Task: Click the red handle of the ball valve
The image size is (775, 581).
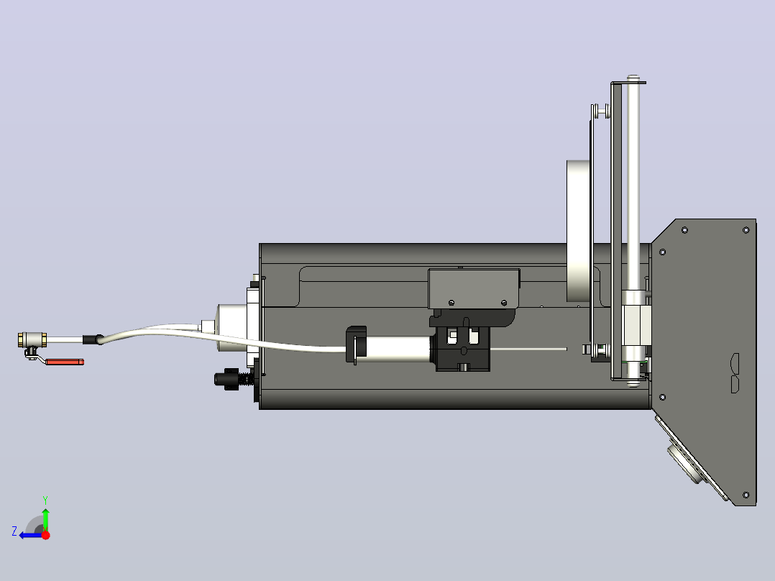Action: click(x=65, y=362)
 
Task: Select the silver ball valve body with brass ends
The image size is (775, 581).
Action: click(x=32, y=339)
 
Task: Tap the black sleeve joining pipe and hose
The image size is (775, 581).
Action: click(x=93, y=339)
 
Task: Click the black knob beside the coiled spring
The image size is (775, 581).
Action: click(x=226, y=379)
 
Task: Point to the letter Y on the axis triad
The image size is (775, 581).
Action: click(x=45, y=500)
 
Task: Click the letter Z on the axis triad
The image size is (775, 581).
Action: click(x=14, y=531)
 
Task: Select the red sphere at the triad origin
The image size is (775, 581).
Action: click(x=46, y=535)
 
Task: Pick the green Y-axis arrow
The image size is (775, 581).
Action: click(x=45, y=519)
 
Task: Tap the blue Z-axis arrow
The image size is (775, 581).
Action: click(x=31, y=535)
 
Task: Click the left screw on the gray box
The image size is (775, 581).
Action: click(x=451, y=303)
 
